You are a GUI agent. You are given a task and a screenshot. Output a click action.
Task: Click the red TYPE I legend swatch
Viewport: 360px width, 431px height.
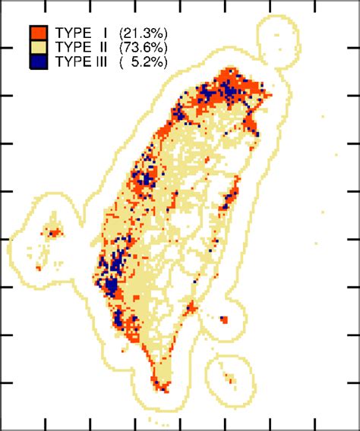[39, 33]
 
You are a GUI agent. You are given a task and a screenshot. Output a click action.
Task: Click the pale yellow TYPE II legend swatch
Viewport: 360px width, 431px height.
[39, 47]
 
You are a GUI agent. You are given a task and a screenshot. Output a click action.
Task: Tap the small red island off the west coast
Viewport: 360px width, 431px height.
[53, 231]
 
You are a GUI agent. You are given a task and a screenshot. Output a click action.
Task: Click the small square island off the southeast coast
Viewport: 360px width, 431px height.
[223, 319]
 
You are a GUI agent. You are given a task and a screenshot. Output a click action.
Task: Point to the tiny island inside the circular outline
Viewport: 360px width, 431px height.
[227, 377]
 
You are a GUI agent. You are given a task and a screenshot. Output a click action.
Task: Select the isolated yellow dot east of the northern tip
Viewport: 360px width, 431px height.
[323, 117]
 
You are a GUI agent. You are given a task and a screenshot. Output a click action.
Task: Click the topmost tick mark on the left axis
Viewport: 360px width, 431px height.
[4, 48]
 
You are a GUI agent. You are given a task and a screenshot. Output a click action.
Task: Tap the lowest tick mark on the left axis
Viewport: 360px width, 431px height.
[4, 382]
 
